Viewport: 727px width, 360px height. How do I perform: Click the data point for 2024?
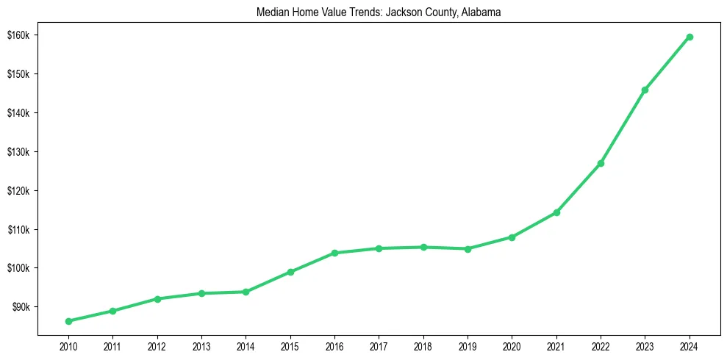click(690, 37)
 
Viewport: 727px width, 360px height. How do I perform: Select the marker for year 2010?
click(68, 321)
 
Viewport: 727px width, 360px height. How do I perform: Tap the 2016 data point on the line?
click(334, 253)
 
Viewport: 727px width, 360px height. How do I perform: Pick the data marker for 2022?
click(601, 163)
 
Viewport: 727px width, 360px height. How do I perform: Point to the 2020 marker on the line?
click(512, 237)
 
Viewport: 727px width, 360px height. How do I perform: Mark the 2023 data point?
click(645, 90)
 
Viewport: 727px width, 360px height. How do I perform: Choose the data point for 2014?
click(246, 292)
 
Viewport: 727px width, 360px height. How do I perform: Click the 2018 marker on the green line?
click(423, 247)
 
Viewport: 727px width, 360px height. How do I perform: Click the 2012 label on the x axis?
click(157, 345)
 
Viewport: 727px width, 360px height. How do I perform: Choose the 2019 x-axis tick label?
click(468, 345)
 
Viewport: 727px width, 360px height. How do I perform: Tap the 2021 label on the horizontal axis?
click(556, 345)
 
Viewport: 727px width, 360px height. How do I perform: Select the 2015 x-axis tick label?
click(290, 345)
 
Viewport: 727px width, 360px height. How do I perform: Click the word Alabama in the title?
click(481, 12)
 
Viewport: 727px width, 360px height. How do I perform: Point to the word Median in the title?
click(271, 12)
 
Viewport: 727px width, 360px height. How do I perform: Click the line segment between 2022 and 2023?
click(623, 126)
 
